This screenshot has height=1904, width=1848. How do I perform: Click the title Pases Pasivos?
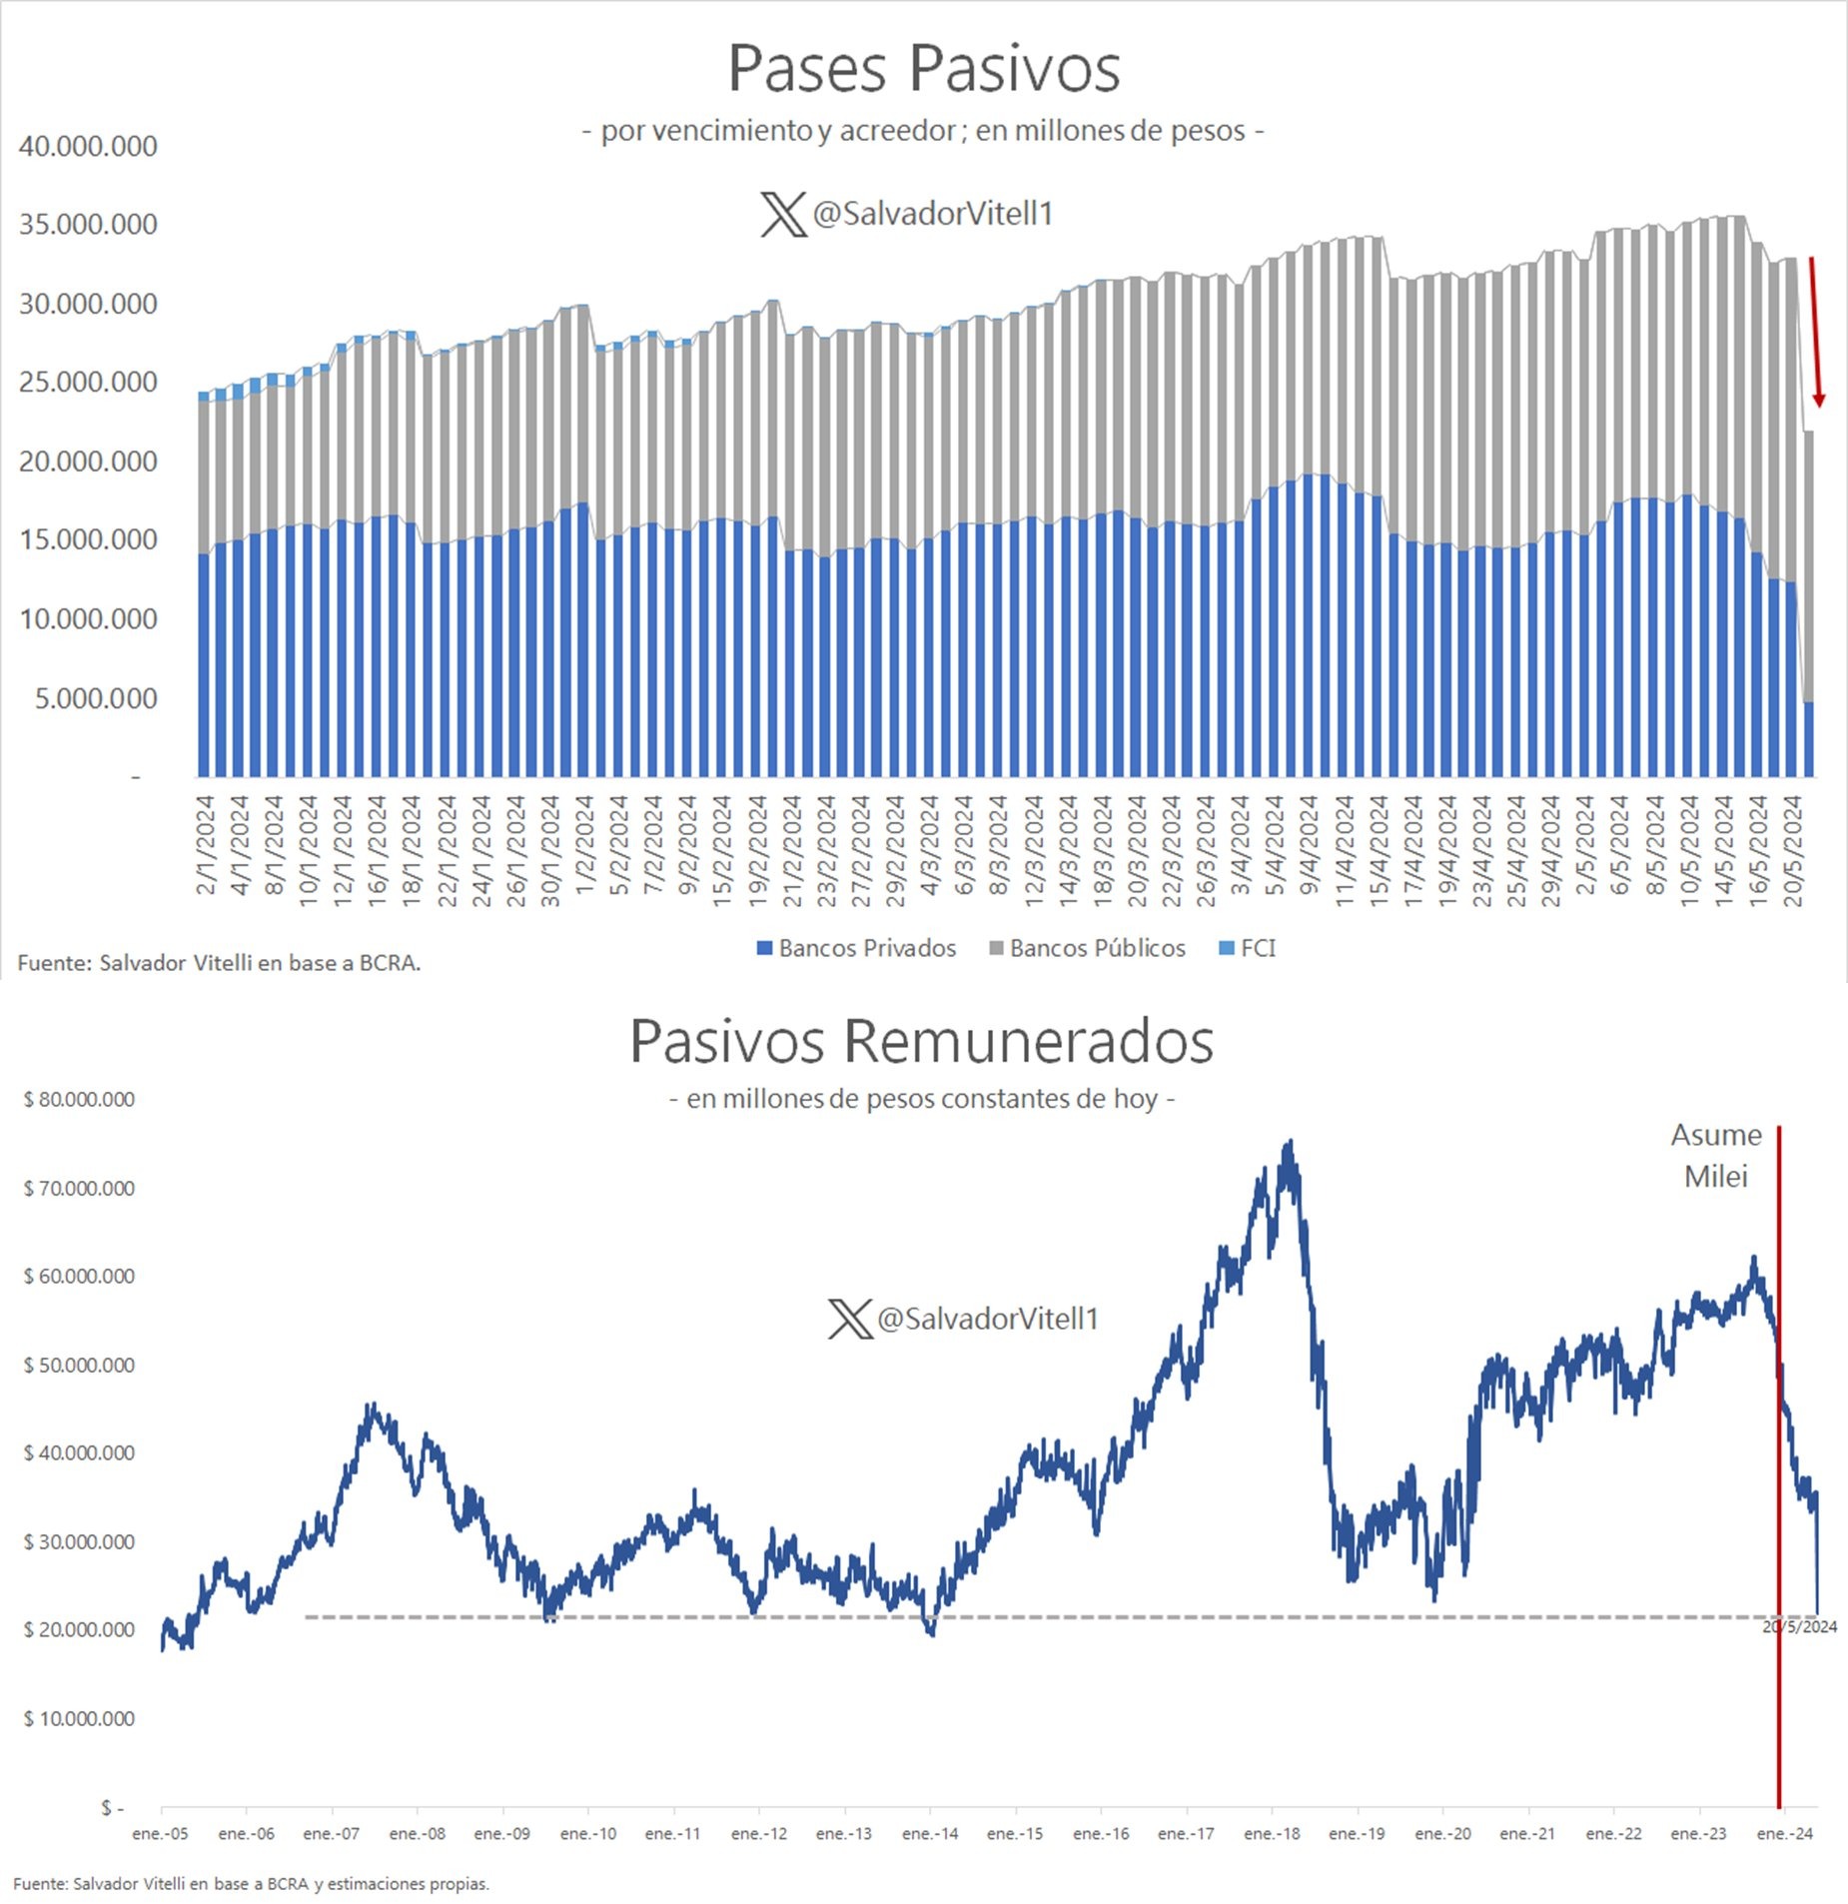tap(923, 69)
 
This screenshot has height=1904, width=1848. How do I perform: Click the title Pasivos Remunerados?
tap(921, 1041)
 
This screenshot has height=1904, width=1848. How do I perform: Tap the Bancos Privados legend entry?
tap(857, 948)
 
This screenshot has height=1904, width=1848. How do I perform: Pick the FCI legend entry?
tap(1249, 948)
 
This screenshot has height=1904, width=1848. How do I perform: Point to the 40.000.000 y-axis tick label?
tap(88, 146)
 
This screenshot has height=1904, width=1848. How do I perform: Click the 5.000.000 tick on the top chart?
tap(96, 698)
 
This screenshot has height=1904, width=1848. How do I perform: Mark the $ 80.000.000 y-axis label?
tap(79, 1099)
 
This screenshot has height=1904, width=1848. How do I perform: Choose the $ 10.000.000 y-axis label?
tap(79, 1718)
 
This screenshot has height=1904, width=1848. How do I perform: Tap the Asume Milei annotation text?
tap(1716, 1156)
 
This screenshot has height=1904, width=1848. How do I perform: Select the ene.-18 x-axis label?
tap(1272, 1834)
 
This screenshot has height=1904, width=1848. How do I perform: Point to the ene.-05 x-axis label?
tap(160, 1834)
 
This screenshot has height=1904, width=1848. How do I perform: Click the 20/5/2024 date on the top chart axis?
tap(1794, 851)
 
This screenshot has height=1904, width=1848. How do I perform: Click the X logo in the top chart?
tap(783, 214)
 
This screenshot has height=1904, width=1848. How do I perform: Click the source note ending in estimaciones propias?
tap(252, 1883)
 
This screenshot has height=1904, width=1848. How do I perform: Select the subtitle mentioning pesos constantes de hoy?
tap(921, 1099)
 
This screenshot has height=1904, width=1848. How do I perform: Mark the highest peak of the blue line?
tap(1291, 1141)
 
